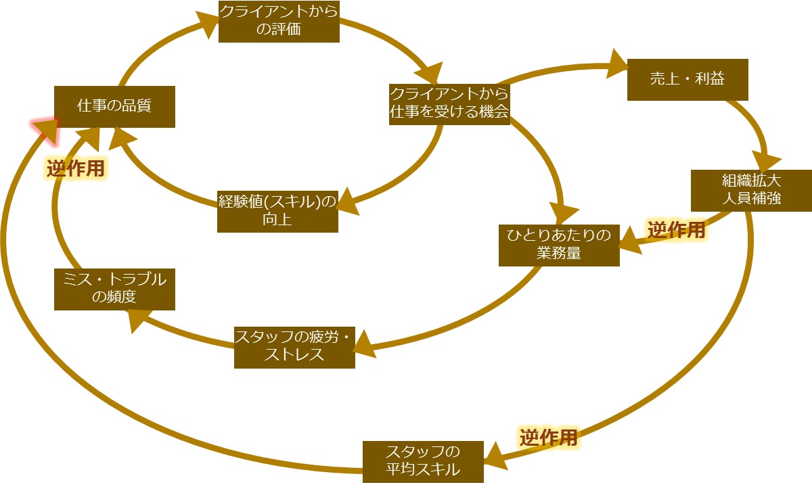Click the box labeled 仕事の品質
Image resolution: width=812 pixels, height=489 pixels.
click(114, 106)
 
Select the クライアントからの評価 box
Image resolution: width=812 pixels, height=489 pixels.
click(279, 22)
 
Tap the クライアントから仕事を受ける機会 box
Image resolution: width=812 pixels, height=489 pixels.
click(449, 103)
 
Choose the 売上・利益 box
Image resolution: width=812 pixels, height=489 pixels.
click(687, 80)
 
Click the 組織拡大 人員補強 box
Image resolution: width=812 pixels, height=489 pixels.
click(751, 191)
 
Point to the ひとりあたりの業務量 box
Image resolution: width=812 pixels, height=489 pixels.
click(559, 245)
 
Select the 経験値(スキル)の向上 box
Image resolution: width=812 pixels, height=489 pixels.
click(277, 212)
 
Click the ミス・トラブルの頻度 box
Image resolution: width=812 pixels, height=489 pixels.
click(114, 289)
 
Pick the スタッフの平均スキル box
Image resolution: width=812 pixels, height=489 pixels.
click(423, 461)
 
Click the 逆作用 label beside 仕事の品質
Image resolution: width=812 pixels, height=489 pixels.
click(76, 168)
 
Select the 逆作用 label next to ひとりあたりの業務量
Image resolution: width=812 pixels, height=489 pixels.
click(676, 231)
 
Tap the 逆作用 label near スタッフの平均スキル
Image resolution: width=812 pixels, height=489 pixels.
click(549, 438)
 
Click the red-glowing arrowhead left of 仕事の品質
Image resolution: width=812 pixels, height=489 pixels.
click(45, 129)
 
